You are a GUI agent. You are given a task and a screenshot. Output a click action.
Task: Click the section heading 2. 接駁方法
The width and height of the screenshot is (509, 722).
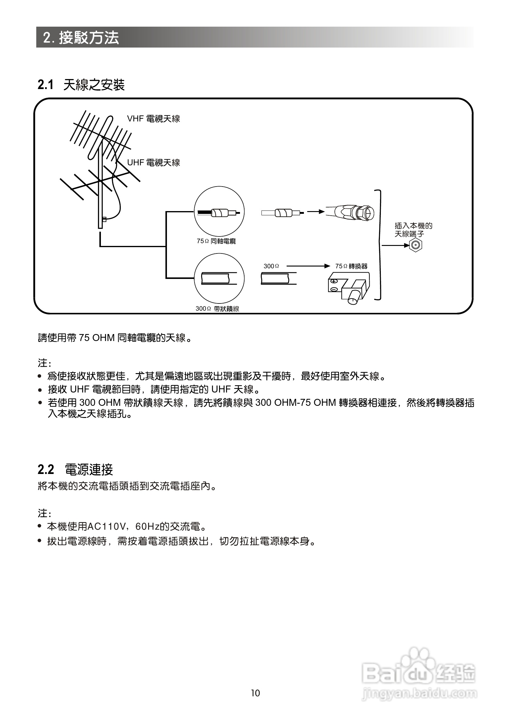click(81, 38)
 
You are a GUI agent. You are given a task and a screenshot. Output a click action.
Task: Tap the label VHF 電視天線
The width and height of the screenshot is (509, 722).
click(153, 119)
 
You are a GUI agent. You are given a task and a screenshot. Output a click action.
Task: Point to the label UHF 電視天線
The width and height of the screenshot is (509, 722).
click(153, 163)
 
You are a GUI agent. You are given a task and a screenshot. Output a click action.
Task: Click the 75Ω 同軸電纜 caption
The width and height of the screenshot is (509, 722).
click(216, 241)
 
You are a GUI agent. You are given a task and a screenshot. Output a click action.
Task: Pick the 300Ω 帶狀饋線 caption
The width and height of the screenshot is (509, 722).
click(217, 309)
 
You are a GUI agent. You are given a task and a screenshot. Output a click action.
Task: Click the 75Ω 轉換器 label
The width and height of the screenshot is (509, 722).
click(351, 266)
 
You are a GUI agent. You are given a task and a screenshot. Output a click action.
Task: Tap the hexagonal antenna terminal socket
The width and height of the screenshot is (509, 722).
click(415, 245)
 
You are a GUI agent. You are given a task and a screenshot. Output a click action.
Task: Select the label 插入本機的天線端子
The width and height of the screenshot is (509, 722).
click(413, 230)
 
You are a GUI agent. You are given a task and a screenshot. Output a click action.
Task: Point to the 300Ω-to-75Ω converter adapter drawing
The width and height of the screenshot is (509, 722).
click(348, 287)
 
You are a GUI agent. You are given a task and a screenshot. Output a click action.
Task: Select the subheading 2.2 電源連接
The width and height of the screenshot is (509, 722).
click(75, 470)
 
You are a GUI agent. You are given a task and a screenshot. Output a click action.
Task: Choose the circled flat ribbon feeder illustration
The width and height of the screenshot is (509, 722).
click(219, 279)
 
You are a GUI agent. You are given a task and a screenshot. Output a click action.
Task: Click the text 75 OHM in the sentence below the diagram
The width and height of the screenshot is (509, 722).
click(97, 338)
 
